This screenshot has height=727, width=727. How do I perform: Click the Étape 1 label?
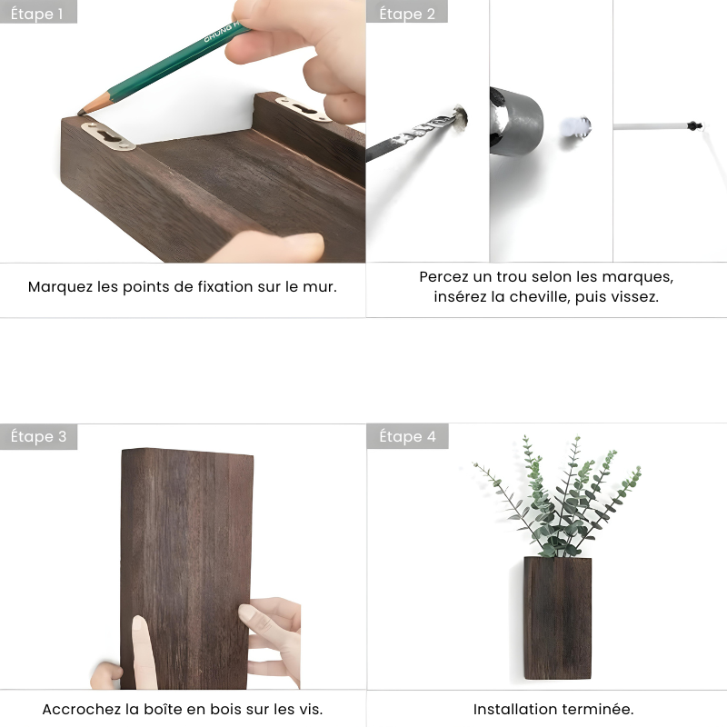[x=38, y=13]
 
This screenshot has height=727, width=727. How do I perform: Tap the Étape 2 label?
[x=406, y=13]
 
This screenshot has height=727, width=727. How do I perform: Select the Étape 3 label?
[x=38, y=436]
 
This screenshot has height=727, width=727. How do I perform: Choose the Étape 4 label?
[x=406, y=436]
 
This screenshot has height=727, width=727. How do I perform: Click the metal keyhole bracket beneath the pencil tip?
[x=107, y=135]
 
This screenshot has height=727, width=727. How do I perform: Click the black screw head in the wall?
[x=695, y=124]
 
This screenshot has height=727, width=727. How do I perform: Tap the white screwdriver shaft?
[x=650, y=125]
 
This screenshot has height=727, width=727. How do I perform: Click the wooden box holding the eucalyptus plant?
[x=556, y=618]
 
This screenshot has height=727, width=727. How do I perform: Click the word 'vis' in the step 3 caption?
[x=311, y=709]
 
